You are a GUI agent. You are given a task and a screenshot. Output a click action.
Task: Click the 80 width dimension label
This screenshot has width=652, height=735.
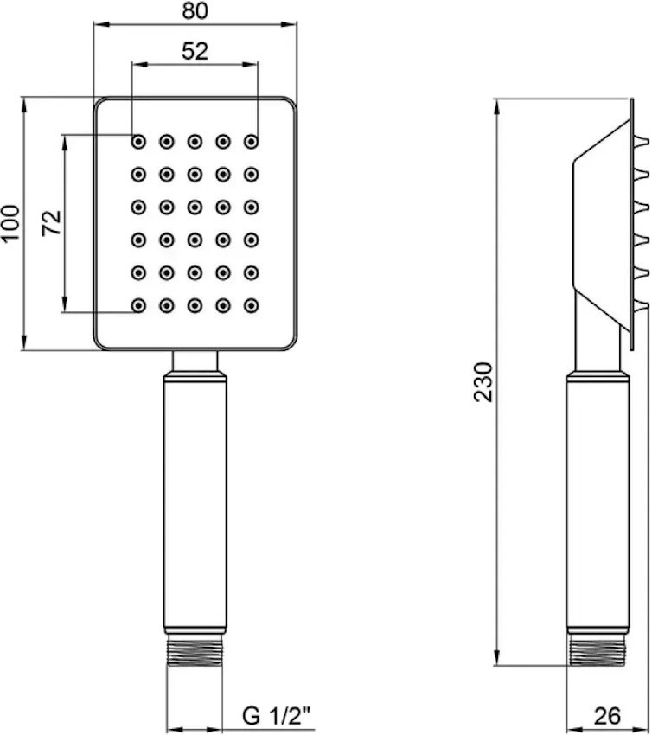point(195,10)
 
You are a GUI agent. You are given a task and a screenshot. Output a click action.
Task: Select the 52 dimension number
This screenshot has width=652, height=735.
point(195,51)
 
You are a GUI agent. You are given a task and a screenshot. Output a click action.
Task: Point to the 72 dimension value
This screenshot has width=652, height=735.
point(52,222)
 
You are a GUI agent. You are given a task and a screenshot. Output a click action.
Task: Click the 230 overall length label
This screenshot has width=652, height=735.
point(483,382)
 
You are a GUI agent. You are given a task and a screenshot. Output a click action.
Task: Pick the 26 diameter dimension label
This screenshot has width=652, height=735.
point(607,716)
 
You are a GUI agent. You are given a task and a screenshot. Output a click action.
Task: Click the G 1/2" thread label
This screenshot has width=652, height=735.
point(277,716)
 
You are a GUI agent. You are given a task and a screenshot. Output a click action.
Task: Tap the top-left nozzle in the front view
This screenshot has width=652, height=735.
point(138,141)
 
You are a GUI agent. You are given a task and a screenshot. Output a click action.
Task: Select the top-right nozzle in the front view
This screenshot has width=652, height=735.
point(252,141)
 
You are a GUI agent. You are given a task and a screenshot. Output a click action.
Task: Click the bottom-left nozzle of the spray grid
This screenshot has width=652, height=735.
point(138,305)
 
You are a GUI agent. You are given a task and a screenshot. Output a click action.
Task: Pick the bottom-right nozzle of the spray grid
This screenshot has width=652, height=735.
point(252,305)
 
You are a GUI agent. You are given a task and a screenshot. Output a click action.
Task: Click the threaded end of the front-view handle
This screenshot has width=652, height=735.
point(195,650)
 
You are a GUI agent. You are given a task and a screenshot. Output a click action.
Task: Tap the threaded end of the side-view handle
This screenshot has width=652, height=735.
point(598,650)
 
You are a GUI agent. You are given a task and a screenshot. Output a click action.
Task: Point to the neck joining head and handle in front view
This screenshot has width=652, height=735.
point(195,361)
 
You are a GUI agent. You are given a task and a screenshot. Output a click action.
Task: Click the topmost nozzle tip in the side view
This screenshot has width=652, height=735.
point(642,141)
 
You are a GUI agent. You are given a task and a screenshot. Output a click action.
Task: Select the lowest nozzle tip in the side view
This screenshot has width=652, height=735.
point(642,305)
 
